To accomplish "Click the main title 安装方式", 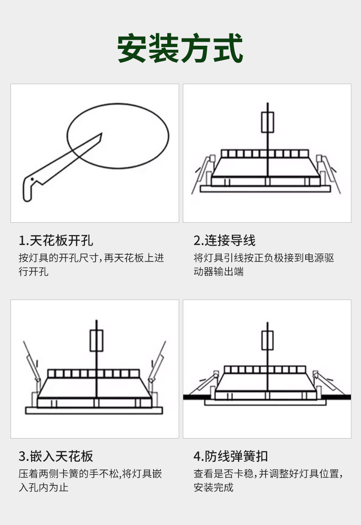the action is tap(180, 48).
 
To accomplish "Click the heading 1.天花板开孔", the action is tap(56, 241).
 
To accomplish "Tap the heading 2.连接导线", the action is tap(224, 241).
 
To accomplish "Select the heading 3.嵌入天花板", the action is tap(56, 456).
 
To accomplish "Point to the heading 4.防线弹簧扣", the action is tap(231, 456).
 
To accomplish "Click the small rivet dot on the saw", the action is tap(32, 179).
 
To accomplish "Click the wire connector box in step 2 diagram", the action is tap(268, 122).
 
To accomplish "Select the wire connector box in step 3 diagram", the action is tap(96, 341).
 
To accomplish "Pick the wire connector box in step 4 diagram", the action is tap(267, 341).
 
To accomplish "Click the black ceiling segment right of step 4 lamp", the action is tap(336, 397).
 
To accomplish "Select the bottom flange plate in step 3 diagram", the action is tap(94, 411).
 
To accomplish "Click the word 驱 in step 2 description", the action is tap(329, 258).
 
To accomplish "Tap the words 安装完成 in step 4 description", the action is tap(213, 487).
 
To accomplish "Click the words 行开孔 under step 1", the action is tap(33, 271).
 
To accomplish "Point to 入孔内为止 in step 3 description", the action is tap(43, 487).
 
